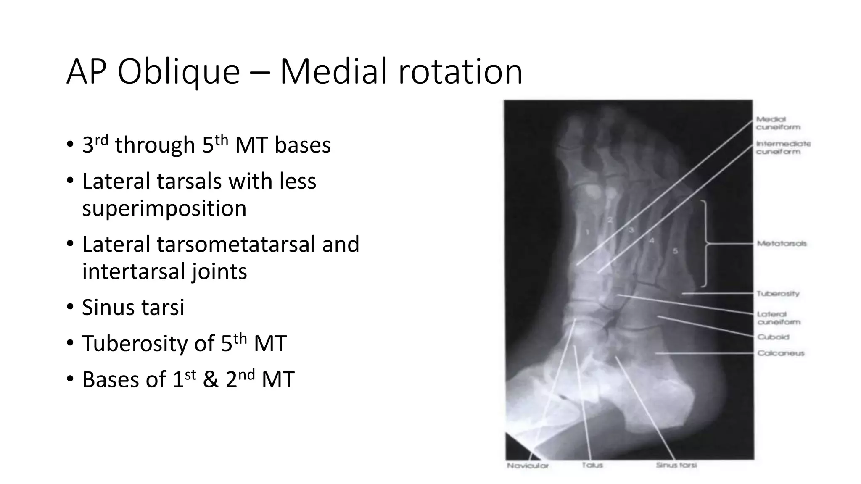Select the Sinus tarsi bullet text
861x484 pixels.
pos(133,307)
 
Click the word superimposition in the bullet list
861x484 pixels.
pos(164,208)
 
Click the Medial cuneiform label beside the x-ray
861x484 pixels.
pos(778,123)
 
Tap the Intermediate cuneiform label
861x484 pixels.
pos(783,147)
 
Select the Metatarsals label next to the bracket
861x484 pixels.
pos(782,243)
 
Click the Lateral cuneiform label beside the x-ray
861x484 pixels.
pos(778,318)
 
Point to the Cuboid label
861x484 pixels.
pos(773,337)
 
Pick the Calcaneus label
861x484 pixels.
pos(781,353)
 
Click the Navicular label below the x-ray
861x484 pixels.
pos(527,466)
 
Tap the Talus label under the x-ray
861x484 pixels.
pos(592,465)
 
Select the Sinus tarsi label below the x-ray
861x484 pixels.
pos(676,465)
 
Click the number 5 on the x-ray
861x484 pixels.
pos(675,251)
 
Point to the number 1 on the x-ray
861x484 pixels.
pos(587,232)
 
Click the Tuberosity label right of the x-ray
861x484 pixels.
pos(778,294)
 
